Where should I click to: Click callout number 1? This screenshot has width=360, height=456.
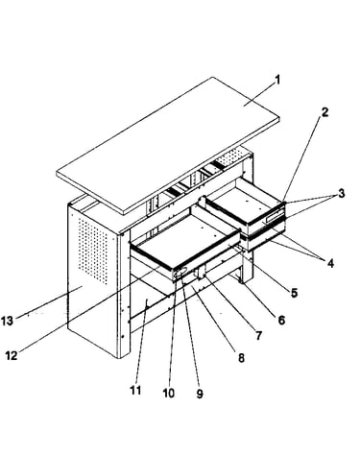point(277,80)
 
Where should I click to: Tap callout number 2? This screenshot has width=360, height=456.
point(324,112)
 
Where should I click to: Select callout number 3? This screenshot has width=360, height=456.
point(342,193)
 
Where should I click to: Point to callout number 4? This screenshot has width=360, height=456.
point(330,263)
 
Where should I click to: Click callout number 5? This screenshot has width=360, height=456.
point(294,292)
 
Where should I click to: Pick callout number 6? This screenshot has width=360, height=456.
point(281,320)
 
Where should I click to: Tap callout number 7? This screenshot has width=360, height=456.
point(258,335)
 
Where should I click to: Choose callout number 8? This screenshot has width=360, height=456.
point(241,358)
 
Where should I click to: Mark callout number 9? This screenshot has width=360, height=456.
point(200,394)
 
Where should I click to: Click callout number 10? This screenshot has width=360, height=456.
point(169,393)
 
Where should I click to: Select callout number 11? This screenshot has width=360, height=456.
point(135,391)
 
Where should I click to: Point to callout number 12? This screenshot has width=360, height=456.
point(12,355)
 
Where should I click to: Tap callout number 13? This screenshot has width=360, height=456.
point(7,321)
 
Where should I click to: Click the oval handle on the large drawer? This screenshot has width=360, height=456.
point(180,273)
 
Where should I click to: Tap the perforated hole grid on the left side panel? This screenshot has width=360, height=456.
point(93,251)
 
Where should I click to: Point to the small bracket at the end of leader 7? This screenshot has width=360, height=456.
point(202,273)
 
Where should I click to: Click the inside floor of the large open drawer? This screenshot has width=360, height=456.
point(184,238)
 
